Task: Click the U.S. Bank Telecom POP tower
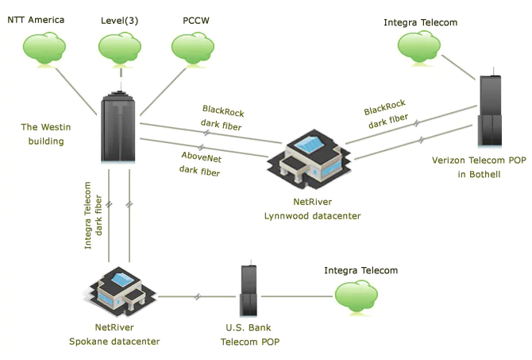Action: point(249,292)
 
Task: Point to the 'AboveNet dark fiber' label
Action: point(200,164)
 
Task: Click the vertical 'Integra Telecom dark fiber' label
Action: point(94,215)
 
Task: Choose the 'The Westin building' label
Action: point(42,134)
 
